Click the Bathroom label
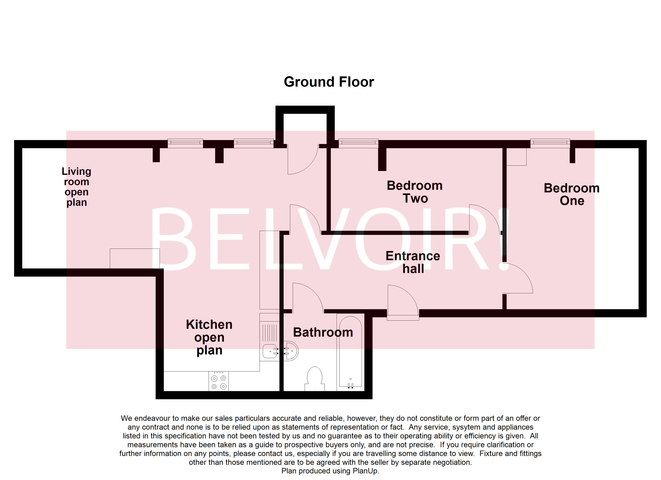(x=323, y=332)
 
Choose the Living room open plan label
(x=76, y=187)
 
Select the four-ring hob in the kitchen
(x=219, y=382)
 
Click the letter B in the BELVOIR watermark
(x=175, y=239)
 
